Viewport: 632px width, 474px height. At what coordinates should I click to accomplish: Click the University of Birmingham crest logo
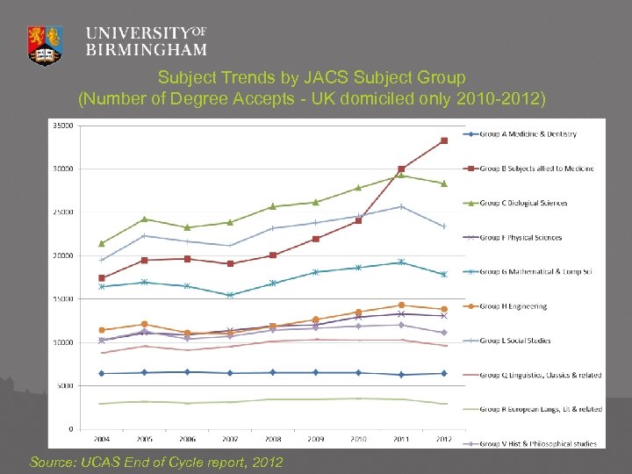click(46, 44)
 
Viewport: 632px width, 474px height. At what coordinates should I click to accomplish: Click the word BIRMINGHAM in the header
click(147, 50)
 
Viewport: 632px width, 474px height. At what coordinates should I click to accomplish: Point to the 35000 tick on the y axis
click(63, 126)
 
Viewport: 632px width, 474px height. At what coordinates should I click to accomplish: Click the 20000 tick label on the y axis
click(63, 255)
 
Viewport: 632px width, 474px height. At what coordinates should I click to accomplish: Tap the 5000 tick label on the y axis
click(65, 385)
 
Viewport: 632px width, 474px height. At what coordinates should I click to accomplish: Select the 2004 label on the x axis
click(102, 438)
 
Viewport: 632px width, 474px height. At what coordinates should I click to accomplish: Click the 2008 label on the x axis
click(273, 438)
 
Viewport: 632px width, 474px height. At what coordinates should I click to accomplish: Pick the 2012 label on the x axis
click(444, 438)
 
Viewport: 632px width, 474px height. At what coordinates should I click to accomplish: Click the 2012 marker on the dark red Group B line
click(444, 140)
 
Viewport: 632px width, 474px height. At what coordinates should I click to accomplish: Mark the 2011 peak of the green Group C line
click(401, 175)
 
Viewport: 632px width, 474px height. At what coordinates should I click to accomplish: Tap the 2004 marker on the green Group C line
click(102, 243)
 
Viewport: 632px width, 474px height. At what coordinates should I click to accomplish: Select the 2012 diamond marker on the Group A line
click(444, 373)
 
